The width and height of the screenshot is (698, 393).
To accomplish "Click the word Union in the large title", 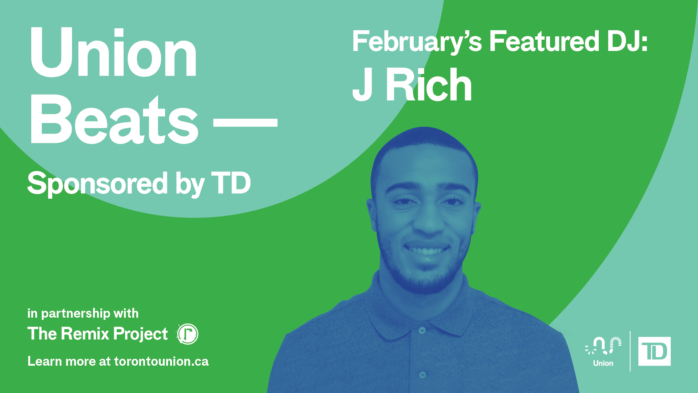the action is [113, 52].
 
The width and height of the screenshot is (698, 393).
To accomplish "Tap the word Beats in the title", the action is [114, 119].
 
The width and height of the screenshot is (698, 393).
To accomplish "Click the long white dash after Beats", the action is [245, 122].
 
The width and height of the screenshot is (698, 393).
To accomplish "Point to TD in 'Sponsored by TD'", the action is [231, 183].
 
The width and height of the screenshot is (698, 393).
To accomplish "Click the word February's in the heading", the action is [417, 42].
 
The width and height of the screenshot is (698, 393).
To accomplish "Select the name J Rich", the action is [412, 85].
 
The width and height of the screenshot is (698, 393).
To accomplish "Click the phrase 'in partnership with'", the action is [83, 313].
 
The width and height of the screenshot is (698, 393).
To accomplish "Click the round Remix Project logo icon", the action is [188, 334].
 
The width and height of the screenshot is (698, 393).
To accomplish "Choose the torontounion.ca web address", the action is [161, 361].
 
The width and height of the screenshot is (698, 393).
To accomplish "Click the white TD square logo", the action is [654, 352].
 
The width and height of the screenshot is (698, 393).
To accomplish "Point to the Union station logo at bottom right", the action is [603, 352].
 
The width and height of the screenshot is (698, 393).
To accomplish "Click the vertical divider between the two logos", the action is [630, 351].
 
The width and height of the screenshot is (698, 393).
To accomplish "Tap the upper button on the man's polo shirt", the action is [422, 330].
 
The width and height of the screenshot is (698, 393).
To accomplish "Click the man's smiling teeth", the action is [427, 251].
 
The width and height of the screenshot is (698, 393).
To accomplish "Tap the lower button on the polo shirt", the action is [422, 374].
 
